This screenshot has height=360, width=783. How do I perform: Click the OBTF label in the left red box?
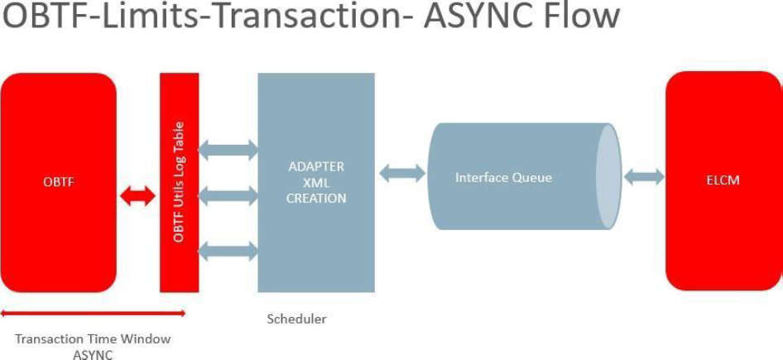pyautogui.click(x=58, y=183)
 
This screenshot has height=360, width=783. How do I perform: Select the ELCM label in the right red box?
pyautogui.click(x=723, y=180)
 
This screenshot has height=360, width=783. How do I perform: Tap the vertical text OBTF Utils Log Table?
pyautogui.click(x=179, y=182)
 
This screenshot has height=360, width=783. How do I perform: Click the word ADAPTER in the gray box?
pyautogui.click(x=315, y=166)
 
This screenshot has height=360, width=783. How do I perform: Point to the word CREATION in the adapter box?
pyautogui.click(x=315, y=199)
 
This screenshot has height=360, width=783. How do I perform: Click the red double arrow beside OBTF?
pyautogui.click(x=137, y=196)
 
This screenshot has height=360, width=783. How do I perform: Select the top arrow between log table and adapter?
pyautogui.click(x=228, y=150)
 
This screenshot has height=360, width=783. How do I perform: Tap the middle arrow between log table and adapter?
pyautogui.click(x=228, y=196)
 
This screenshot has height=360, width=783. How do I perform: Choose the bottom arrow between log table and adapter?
pyautogui.click(x=228, y=249)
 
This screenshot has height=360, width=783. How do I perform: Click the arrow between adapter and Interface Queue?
pyautogui.click(x=401, y=174)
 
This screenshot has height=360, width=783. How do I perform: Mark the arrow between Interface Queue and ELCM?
pyautogui.click(x=644, y=177)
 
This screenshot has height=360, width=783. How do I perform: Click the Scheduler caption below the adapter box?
pyautogui.click(x=296, y=319)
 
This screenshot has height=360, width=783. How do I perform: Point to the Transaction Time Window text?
pyautogui.click(x=93, y=338)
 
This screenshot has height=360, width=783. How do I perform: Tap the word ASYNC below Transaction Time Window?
pyautogui.click(x=93, y=354)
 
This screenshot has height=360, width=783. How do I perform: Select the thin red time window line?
pyautogui.click(x=93, y=313)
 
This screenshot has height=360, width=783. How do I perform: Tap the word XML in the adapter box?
pyautogui.click(x=315, y=183)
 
